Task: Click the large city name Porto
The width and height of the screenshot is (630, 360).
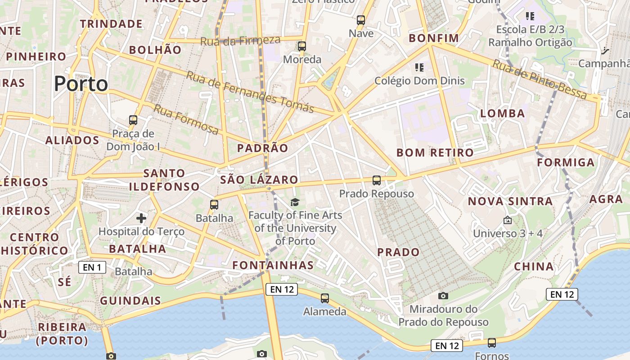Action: click(81, 84)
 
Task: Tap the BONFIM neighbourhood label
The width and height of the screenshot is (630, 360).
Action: click(434, 38)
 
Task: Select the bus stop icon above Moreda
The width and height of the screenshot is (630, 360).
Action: click(302, 46)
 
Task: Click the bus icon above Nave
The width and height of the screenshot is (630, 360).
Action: click(361, 20)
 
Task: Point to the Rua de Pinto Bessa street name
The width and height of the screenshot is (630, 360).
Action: click(540, 79)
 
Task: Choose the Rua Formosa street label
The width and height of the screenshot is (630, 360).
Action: click(186, 119)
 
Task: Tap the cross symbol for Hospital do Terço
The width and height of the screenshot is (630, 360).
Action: click(141, 219)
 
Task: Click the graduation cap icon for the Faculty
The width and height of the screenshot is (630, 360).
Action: click(295, 202)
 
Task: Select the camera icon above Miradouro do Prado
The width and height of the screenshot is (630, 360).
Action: click(443, 296)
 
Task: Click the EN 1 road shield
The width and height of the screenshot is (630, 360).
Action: click(92, 267)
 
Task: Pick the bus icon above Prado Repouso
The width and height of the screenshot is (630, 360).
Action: click(377, 180)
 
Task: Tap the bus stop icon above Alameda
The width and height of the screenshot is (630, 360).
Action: click(325, 298)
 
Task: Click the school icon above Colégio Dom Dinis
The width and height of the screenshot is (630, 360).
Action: click(419, 67)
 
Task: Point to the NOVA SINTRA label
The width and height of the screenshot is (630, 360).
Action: click(510, 201)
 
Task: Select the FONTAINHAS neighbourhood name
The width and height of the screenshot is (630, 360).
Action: click(273, 265)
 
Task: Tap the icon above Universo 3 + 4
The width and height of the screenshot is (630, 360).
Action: click(508, 220)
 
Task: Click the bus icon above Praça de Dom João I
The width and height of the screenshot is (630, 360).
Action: click(133, 120)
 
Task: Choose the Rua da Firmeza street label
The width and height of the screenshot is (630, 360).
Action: click(240, 40)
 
